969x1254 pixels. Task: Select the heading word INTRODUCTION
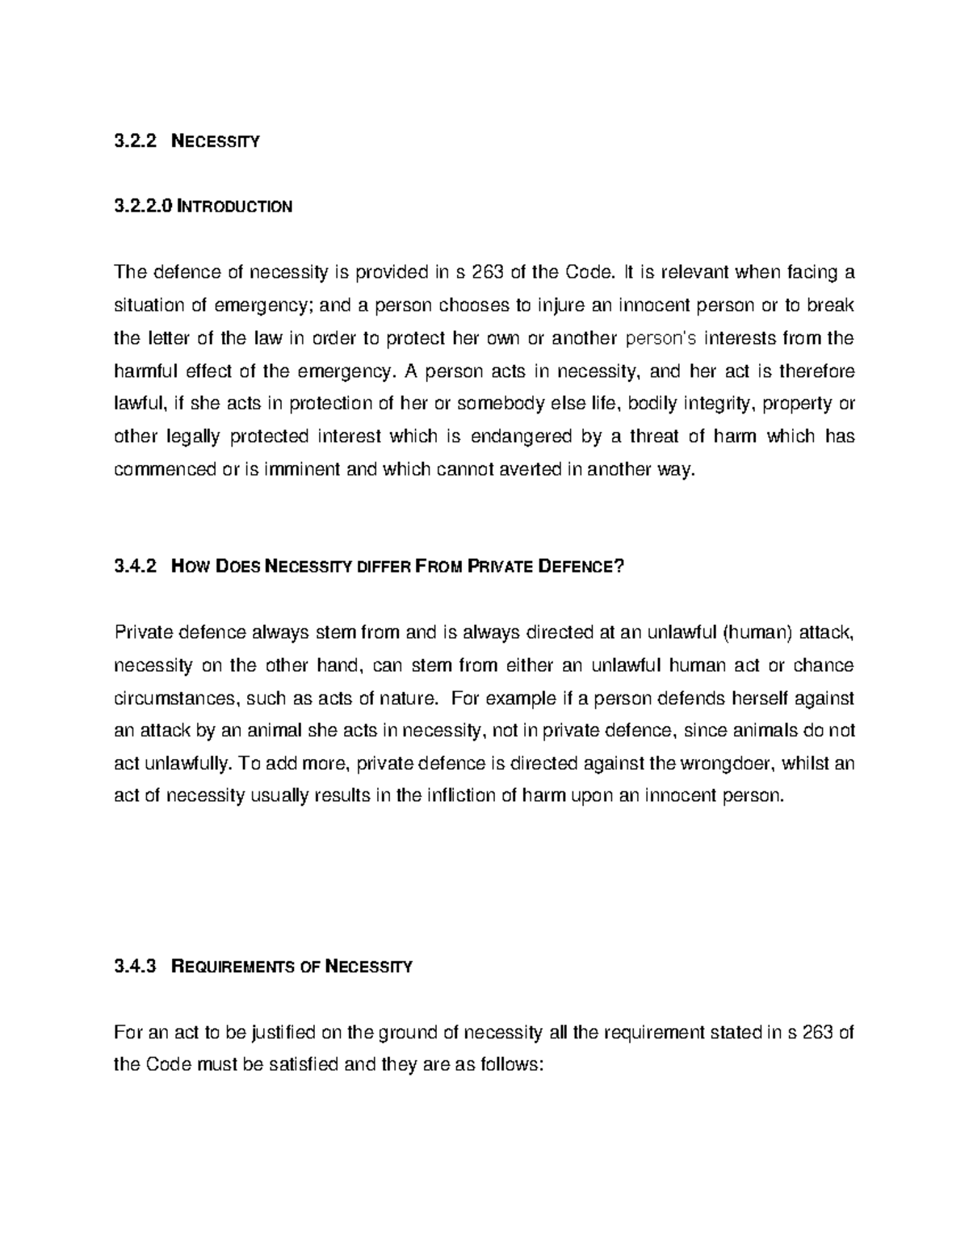click(235, 207)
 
